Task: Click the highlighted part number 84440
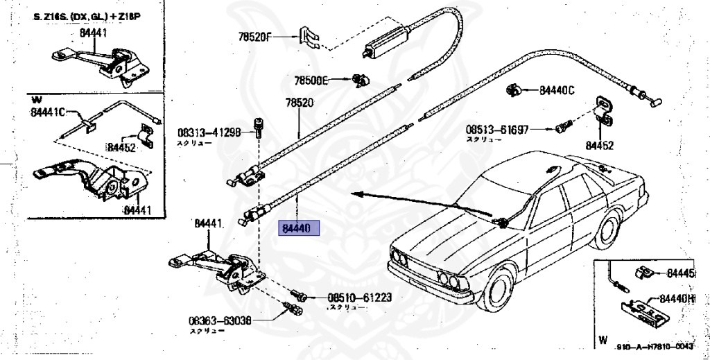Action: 297,228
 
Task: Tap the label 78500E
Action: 311,81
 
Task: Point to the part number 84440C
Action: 557,90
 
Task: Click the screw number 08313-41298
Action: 209,132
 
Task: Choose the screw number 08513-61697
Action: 496,129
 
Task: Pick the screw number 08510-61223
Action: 360,298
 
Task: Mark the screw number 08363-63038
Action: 219,321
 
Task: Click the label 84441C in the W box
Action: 47,112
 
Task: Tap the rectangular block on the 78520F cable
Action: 386,42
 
